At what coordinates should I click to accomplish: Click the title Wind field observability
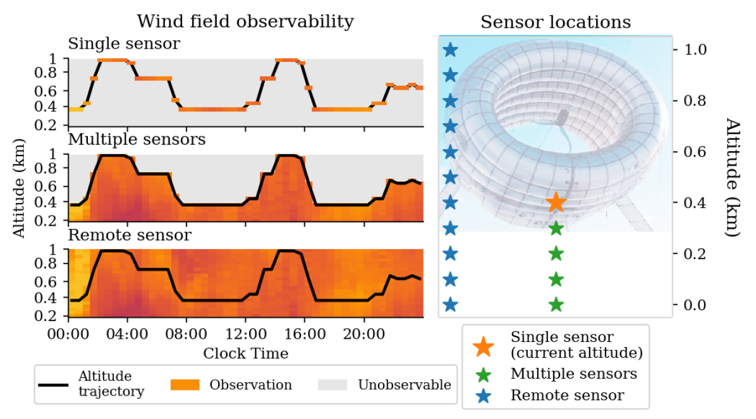tap(245, 21)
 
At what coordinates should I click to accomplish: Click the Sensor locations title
tap(556, 22)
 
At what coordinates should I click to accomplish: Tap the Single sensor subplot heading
tap(124, 44)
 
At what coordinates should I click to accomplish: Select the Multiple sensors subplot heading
tap(137, 139)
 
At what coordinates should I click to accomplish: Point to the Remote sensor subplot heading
tap(130, 235)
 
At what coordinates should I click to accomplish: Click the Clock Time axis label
tap(245, 353)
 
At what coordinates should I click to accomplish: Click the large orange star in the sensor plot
tap(556, 202)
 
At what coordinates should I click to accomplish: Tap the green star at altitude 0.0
tap(556, 305)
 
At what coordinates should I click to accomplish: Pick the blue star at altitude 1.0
tap(449, 49)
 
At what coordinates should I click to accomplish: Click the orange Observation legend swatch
tap(185, 384)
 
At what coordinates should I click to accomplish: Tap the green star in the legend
tap(484, 373)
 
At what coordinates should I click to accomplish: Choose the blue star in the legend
tap(484, 396)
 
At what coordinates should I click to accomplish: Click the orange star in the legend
tap(484, 345)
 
